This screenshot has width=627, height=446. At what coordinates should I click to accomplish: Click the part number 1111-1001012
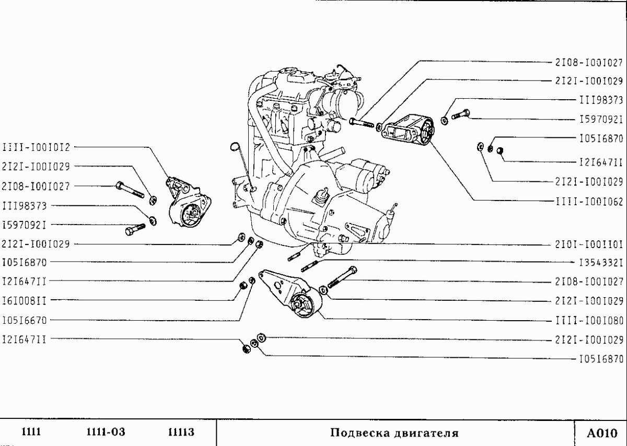coord(36,147)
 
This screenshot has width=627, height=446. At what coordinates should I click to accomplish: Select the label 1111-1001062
coord(589,201)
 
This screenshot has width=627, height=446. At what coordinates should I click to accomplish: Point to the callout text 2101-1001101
coord(589,244)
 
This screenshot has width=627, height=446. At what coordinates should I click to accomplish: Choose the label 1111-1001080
coord(589,320)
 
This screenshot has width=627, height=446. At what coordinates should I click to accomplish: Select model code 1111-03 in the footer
coord(106,432)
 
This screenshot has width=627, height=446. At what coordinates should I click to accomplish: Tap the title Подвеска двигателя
coord(394,433)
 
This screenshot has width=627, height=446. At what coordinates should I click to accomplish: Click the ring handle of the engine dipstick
coord(234,147)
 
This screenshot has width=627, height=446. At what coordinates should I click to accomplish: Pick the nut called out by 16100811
coord(242,286)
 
